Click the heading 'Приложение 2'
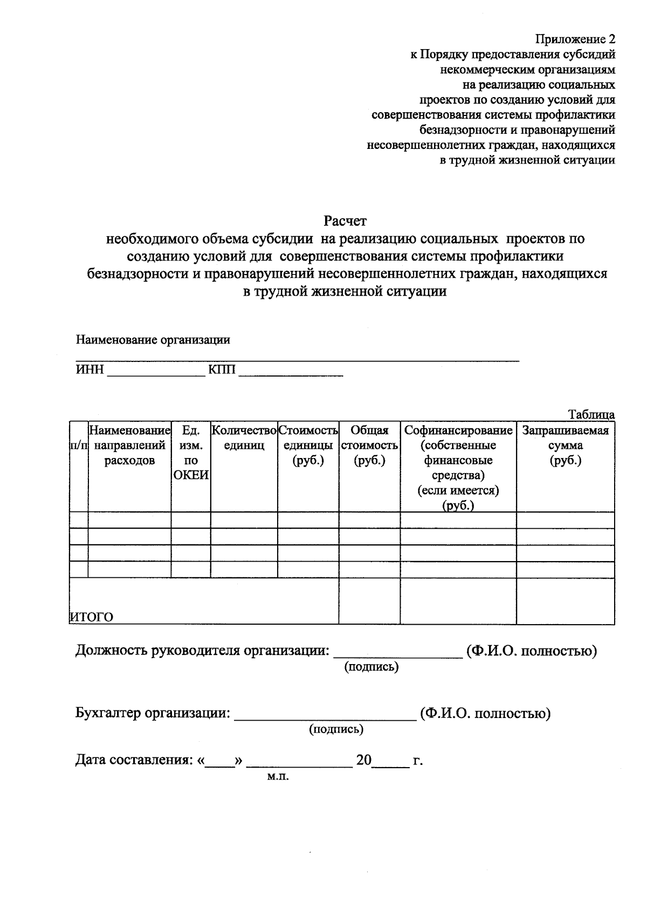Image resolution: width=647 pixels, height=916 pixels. pos(574,39)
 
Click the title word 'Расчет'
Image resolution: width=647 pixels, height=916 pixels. pos(345,221)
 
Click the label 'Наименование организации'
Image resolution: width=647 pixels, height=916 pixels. pos(153,340)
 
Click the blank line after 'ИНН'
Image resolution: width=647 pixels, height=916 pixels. pos(156,373)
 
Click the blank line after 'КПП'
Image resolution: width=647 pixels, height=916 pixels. pos(291,373)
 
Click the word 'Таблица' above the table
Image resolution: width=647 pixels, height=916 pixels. pos(591,415)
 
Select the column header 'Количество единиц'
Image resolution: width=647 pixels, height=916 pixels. pos(244,438)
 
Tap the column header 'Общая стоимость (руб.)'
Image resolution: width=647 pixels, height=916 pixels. pos(369,446)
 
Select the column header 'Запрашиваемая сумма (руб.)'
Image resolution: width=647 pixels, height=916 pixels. pos(565,446)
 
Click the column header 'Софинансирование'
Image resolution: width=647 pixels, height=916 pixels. pos(458,430)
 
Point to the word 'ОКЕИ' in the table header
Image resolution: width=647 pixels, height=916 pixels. pos(191,475)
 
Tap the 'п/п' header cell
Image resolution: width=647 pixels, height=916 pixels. pos(79,446)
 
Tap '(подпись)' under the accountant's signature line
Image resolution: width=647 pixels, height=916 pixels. pos(336,730)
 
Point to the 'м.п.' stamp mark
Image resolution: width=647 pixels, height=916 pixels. pos(278,777)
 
